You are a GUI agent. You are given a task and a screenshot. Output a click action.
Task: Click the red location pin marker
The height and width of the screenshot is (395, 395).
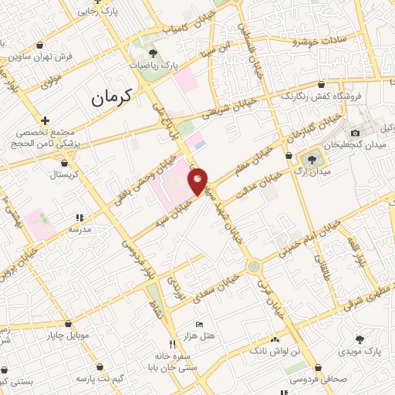coord(198,181)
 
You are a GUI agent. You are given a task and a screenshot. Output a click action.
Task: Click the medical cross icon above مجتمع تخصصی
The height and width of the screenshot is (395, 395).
coord(46,121)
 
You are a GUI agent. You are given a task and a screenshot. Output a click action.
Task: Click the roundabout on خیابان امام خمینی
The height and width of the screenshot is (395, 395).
coord(253,266)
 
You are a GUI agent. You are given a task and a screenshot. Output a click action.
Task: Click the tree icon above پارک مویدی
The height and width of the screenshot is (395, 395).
coord(360,339)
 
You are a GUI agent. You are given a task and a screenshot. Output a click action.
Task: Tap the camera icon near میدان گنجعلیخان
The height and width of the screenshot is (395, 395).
coord(356,133)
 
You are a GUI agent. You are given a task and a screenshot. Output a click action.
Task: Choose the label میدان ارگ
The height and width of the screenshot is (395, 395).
coord(333,170)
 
